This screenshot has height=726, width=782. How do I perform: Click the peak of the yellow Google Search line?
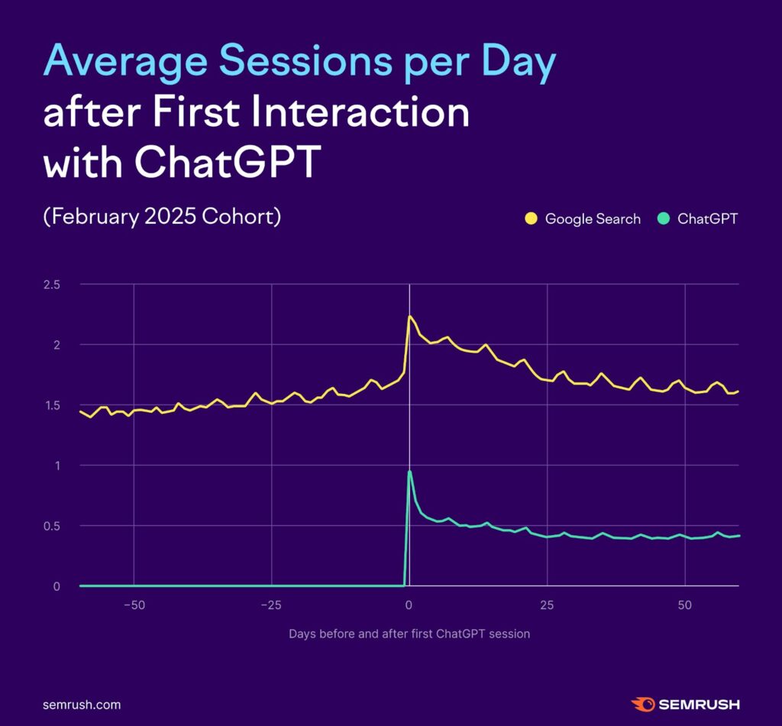coord(409,316)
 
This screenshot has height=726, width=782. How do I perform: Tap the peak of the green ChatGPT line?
coord(410,472)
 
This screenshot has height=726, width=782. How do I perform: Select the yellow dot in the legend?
coord(531,219)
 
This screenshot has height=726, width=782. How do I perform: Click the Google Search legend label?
coord(593,219)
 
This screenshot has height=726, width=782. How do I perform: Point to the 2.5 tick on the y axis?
coord(51,284)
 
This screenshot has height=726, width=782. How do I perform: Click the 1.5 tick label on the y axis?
coord(51,405)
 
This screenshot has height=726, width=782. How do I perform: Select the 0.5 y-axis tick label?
coord(51,526)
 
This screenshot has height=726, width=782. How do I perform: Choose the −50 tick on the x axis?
coord(134,605)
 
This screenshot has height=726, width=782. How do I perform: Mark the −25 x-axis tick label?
coord(271,605)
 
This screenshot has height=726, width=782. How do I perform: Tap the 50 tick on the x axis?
coord(685,605)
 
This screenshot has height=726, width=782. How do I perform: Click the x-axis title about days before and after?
coord(409,634)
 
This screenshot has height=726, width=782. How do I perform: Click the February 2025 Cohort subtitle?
coord(163,217)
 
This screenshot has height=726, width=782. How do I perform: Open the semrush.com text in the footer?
coord(82,705)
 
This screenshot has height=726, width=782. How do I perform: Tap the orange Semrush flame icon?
coord(641,704)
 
